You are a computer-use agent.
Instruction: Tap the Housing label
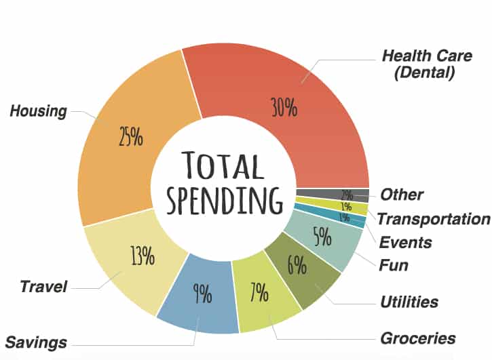(x=39, y=111)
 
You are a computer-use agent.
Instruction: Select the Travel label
(x=43, y=287)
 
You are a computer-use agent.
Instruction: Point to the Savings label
(x=36, y=340)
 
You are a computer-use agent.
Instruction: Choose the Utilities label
(x=409, y=302)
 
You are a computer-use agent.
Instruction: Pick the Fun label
(x=394, y=264)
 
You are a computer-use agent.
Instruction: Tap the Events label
(x=406, y=241)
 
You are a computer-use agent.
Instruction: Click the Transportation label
(x=433, y=219)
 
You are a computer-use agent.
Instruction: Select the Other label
(x=402, y=195)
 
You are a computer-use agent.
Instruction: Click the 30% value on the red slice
(x=284, y=107)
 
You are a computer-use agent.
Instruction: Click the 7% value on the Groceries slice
(x=260, y=294)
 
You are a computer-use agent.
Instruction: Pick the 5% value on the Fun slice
(x=322, y=237)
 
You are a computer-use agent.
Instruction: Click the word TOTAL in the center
(x=223, y=167)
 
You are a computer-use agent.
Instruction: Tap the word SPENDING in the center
(x=225, y=199)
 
